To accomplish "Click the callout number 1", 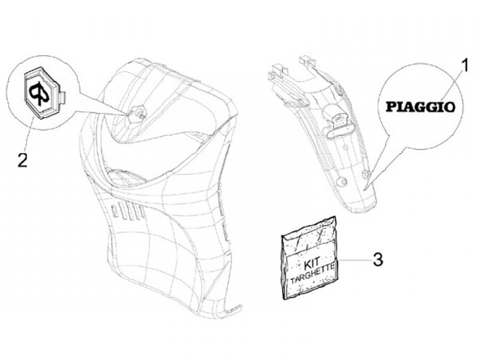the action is (x=464, y=66).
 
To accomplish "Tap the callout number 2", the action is (x=23, y=160).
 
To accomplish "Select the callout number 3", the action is (x=378, y=260).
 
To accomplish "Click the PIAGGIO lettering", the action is (x=420, y=107).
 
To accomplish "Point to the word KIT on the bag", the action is (x=311, y=263).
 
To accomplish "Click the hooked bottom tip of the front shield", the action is (x=234, y=309).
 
